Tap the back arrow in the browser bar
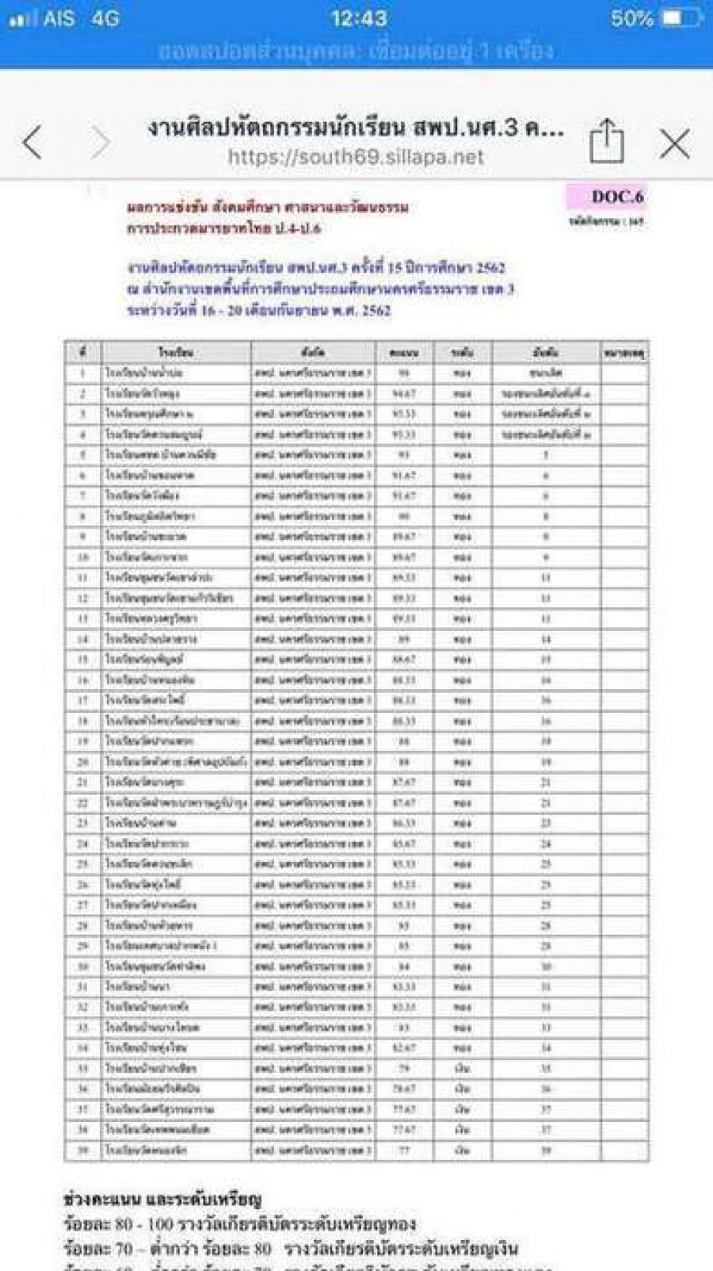pyautogui.click(x=32, y=143)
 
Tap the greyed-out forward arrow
pyautogui.click(x=100, y=143)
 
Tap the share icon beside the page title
pyautogui.click(x=607, y=142)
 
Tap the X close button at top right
pyautogui.click(x=674, y=144)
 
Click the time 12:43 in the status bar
pyautogui.click(x=359, y=18)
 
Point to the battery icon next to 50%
pyautogui.click(x=681, y=18)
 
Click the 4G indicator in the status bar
pyautogui.click(x=105, y=18)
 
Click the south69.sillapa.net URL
pyautogui.click(x=356, y=157)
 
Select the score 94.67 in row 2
pyautogui.click(x=403, y=393)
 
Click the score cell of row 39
pyautogui.click(x=403, y=1150)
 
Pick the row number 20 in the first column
pyautogui.click(x=82, y=761)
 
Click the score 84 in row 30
pyautogui.click(x=403, y=967)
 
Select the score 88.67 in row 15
pyautogui.click(x=403, y=659)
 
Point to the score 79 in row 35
pyautogui.click(x=403, y=1068)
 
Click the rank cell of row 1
pyautogui.click(x=546, y=373)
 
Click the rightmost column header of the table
pyautogui.click(x=624, y=352)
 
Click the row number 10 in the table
pyautogui.click(x=82, y=557)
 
